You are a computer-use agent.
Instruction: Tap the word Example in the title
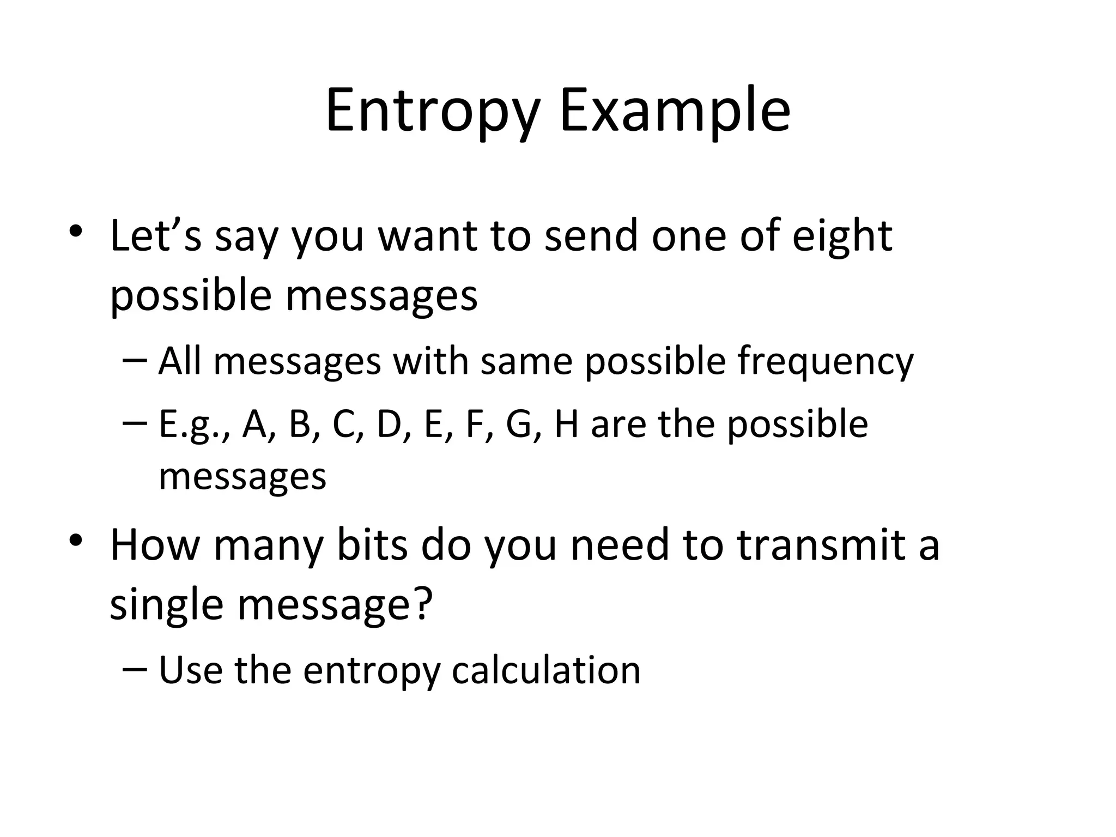[x=675, y=112]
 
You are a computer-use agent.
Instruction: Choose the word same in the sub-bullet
[x=526, y=361]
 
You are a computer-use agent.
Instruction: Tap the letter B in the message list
[x=300, y=424]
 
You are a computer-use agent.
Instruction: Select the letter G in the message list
[x=519, y=424]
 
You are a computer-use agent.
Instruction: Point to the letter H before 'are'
[x=566, y=424]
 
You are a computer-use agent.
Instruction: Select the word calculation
[x=546, y=670]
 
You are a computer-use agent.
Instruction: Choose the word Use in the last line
[x=190, y=670]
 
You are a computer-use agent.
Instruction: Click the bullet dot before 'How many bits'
[x=76, y=541]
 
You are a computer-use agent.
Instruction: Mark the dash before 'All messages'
[x=135, y=361]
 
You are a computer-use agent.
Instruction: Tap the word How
[x=155, y=545]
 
